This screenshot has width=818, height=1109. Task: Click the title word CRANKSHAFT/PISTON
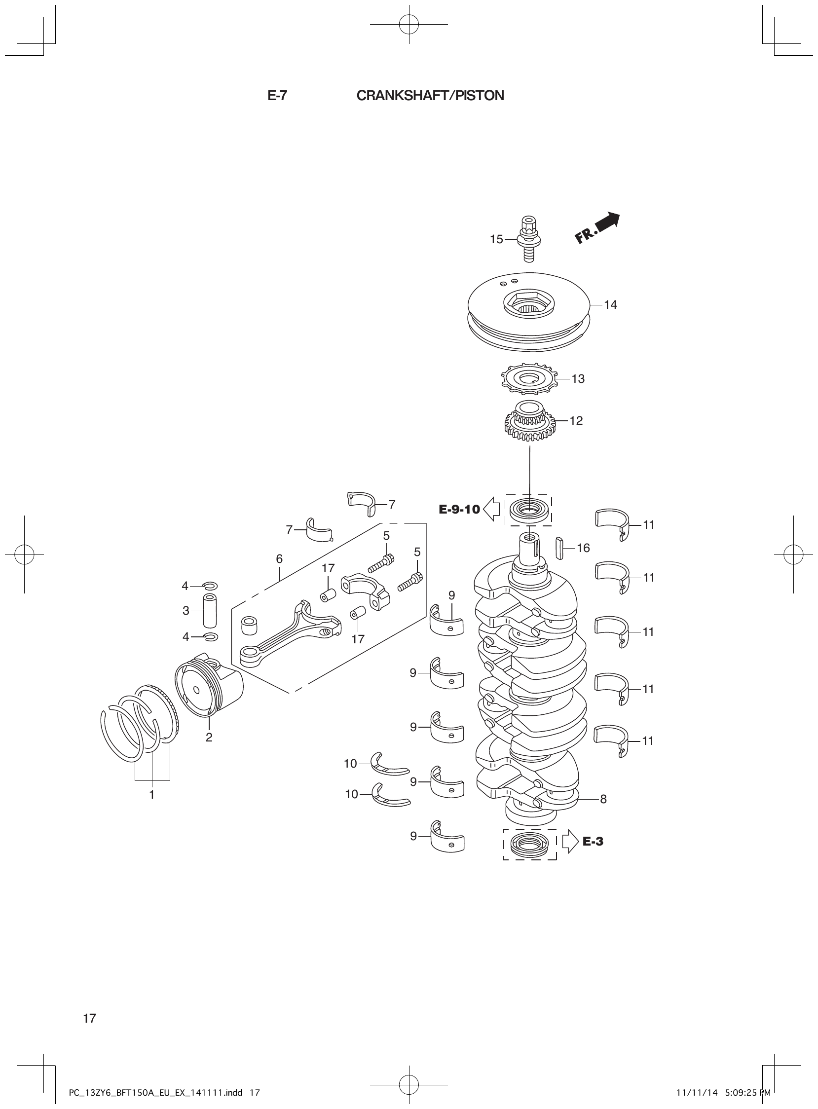[430, 96]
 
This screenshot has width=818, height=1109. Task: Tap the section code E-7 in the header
[277, 96]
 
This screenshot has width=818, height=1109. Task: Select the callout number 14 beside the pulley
[610, 305]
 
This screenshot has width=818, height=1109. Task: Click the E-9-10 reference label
[459, 509]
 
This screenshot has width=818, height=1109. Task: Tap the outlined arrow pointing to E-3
[570, 841]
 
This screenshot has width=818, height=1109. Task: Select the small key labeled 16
[560, 548]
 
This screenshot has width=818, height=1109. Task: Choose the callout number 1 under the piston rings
[152, 795]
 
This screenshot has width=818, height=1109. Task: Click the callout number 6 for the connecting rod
[279, 559]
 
